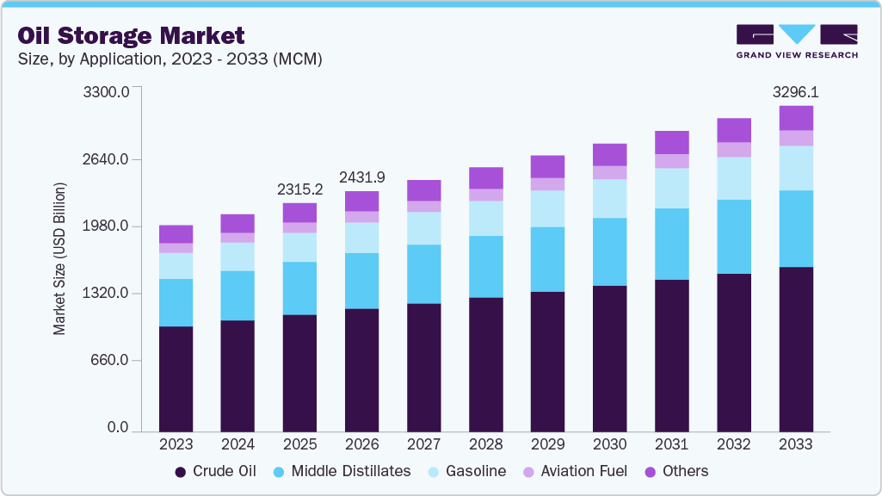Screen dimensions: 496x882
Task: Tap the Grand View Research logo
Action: tap(796, 40)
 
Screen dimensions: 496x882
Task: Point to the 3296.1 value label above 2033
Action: tap(795, 91)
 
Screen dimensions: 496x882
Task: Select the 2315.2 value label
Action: tap(299, 189)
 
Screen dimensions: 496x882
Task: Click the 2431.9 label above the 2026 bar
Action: tap(361, 177)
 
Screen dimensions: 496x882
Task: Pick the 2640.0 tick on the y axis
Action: tap(107, 159)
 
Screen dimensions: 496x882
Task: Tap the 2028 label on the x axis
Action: tap(485, 444)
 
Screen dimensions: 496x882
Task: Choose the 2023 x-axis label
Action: tap(176, 444)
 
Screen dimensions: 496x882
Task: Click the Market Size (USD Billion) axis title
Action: tap(59, 259)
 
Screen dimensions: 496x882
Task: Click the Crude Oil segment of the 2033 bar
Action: tap(796, 349)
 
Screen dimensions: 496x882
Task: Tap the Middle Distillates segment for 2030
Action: tap(610, 251)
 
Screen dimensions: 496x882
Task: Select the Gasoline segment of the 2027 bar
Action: tap(423, 228)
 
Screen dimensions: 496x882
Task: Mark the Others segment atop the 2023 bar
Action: tap(176, 233)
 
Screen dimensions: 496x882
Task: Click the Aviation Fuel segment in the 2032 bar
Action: tap(734, 149)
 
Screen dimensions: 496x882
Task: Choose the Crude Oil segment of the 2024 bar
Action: tap(237, 375)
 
